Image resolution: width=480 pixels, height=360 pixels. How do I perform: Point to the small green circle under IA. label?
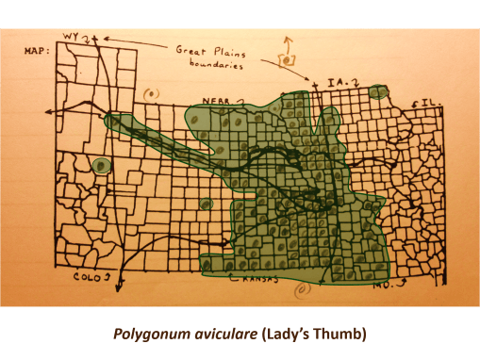pos(379,91)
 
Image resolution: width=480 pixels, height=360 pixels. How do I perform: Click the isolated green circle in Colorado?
pos(102,167)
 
